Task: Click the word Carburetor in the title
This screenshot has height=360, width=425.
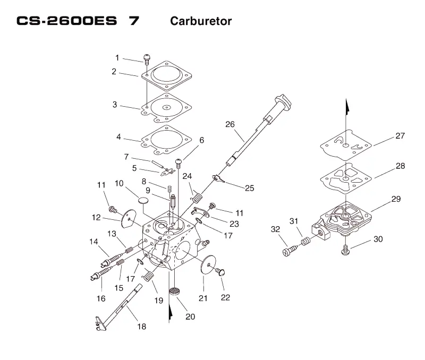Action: [x=201, y=21]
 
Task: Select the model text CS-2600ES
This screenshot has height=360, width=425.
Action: [x=67, y=21]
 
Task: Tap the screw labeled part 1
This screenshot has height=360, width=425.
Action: [x=147, y=59]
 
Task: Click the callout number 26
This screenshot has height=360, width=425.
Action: [x=230, y=124]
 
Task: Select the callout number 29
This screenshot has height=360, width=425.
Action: [x=396, y=199]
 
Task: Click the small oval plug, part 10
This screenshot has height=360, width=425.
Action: [x=143, y=201]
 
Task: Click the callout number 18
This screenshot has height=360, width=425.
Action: [x=142, y=327]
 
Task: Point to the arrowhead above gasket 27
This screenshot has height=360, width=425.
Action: [x=346, y=106]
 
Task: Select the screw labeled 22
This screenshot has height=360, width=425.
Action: [x=220, y=271]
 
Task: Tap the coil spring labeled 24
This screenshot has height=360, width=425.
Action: [x=197, y=198]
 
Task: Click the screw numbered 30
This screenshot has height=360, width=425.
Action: [x=345, y=250]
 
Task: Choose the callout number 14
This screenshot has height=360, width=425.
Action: [x=94, y=242]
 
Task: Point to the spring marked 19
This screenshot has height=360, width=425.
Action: [x=148, y=276]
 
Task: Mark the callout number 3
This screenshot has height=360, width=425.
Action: [x=115, y=105]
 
